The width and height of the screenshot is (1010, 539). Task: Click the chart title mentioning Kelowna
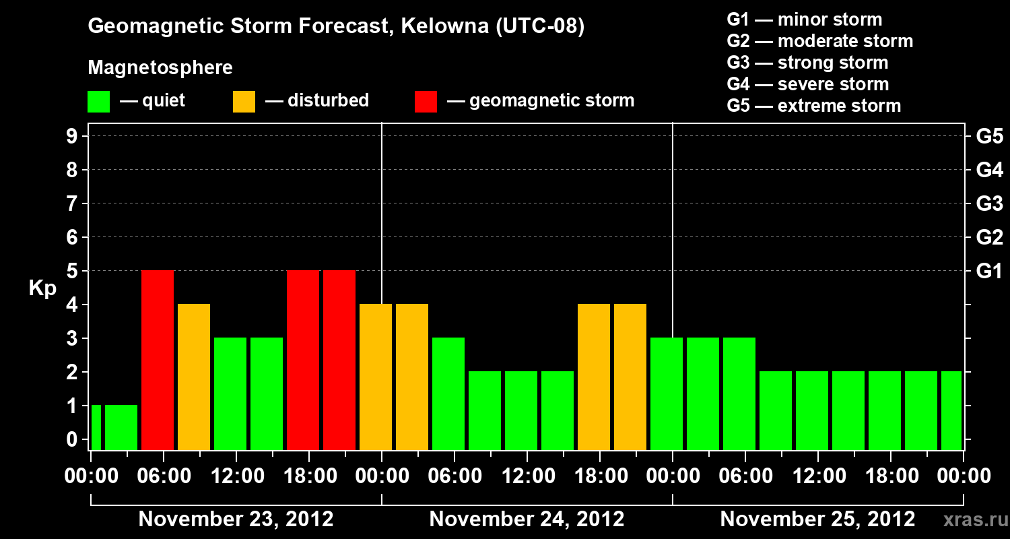point(335,27)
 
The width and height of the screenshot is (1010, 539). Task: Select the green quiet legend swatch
point(98,102)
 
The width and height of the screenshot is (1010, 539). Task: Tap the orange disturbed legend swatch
point(244,102)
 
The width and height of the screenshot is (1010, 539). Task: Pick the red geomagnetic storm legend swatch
point(426,102)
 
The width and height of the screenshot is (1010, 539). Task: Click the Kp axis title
point(42,288)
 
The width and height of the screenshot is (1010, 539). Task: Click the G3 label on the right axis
point(989,203)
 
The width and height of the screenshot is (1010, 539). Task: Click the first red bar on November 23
point(158,360)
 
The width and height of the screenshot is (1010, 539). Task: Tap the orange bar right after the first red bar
point(194,377)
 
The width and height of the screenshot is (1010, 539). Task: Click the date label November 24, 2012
point(527,519)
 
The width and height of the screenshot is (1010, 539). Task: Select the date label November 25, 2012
point(817,519)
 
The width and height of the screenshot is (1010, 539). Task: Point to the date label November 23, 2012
point(236,519)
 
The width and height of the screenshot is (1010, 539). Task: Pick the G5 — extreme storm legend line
point(813,106)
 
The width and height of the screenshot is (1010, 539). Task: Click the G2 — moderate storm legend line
point(819,41)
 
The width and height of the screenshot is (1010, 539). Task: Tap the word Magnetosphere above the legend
point(160,68)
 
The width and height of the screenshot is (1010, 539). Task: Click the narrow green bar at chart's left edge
point(96,427)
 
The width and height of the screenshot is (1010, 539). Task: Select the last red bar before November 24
point(339,360)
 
